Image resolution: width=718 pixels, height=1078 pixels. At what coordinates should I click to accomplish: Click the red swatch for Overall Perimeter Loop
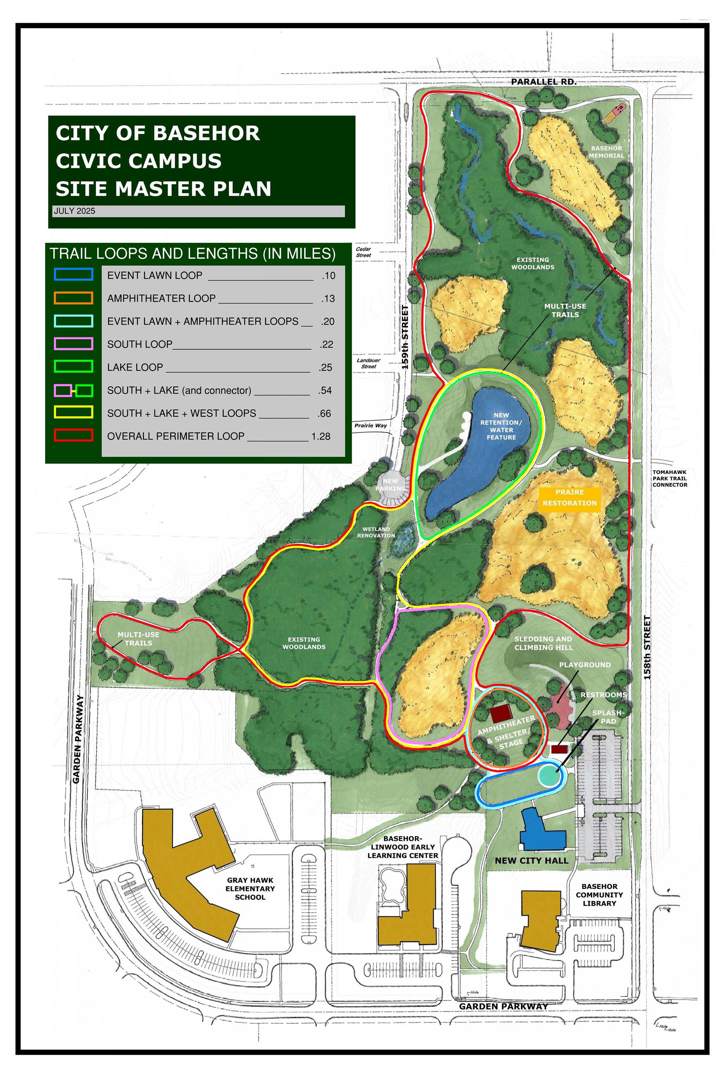73,435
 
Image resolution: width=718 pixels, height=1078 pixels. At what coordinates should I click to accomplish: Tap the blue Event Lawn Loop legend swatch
73,274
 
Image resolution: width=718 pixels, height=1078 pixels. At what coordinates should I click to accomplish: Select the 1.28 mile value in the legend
321,436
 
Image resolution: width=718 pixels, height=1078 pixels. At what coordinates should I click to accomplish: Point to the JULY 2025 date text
75,211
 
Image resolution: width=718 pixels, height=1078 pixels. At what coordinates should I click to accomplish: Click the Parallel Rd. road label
544,82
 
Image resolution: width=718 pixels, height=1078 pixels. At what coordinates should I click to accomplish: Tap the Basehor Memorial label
606,152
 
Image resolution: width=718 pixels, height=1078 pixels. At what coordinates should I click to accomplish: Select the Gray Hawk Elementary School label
250,889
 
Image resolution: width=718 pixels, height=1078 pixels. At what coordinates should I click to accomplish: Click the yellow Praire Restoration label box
570,498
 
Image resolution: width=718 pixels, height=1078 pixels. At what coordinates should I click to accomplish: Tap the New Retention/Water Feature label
501,426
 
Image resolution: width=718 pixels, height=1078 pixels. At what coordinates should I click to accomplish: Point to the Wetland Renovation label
376,532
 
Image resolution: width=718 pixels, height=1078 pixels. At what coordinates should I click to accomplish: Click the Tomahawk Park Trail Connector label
670,478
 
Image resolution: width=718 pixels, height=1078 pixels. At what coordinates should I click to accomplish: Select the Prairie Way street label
370,426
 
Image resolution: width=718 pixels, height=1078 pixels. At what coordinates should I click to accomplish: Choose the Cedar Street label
364,252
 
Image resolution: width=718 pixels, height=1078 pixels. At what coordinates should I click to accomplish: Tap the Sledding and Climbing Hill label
543,643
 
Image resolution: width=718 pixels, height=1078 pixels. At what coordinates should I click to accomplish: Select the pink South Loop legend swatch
73,344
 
